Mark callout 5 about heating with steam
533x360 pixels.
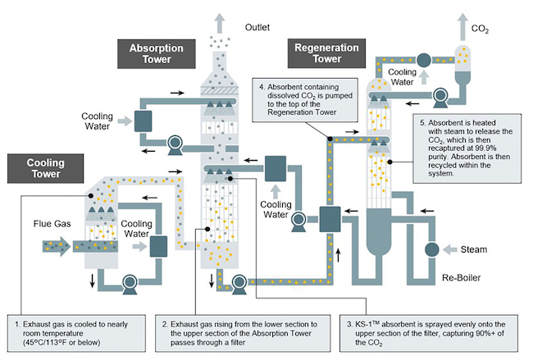468,148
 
